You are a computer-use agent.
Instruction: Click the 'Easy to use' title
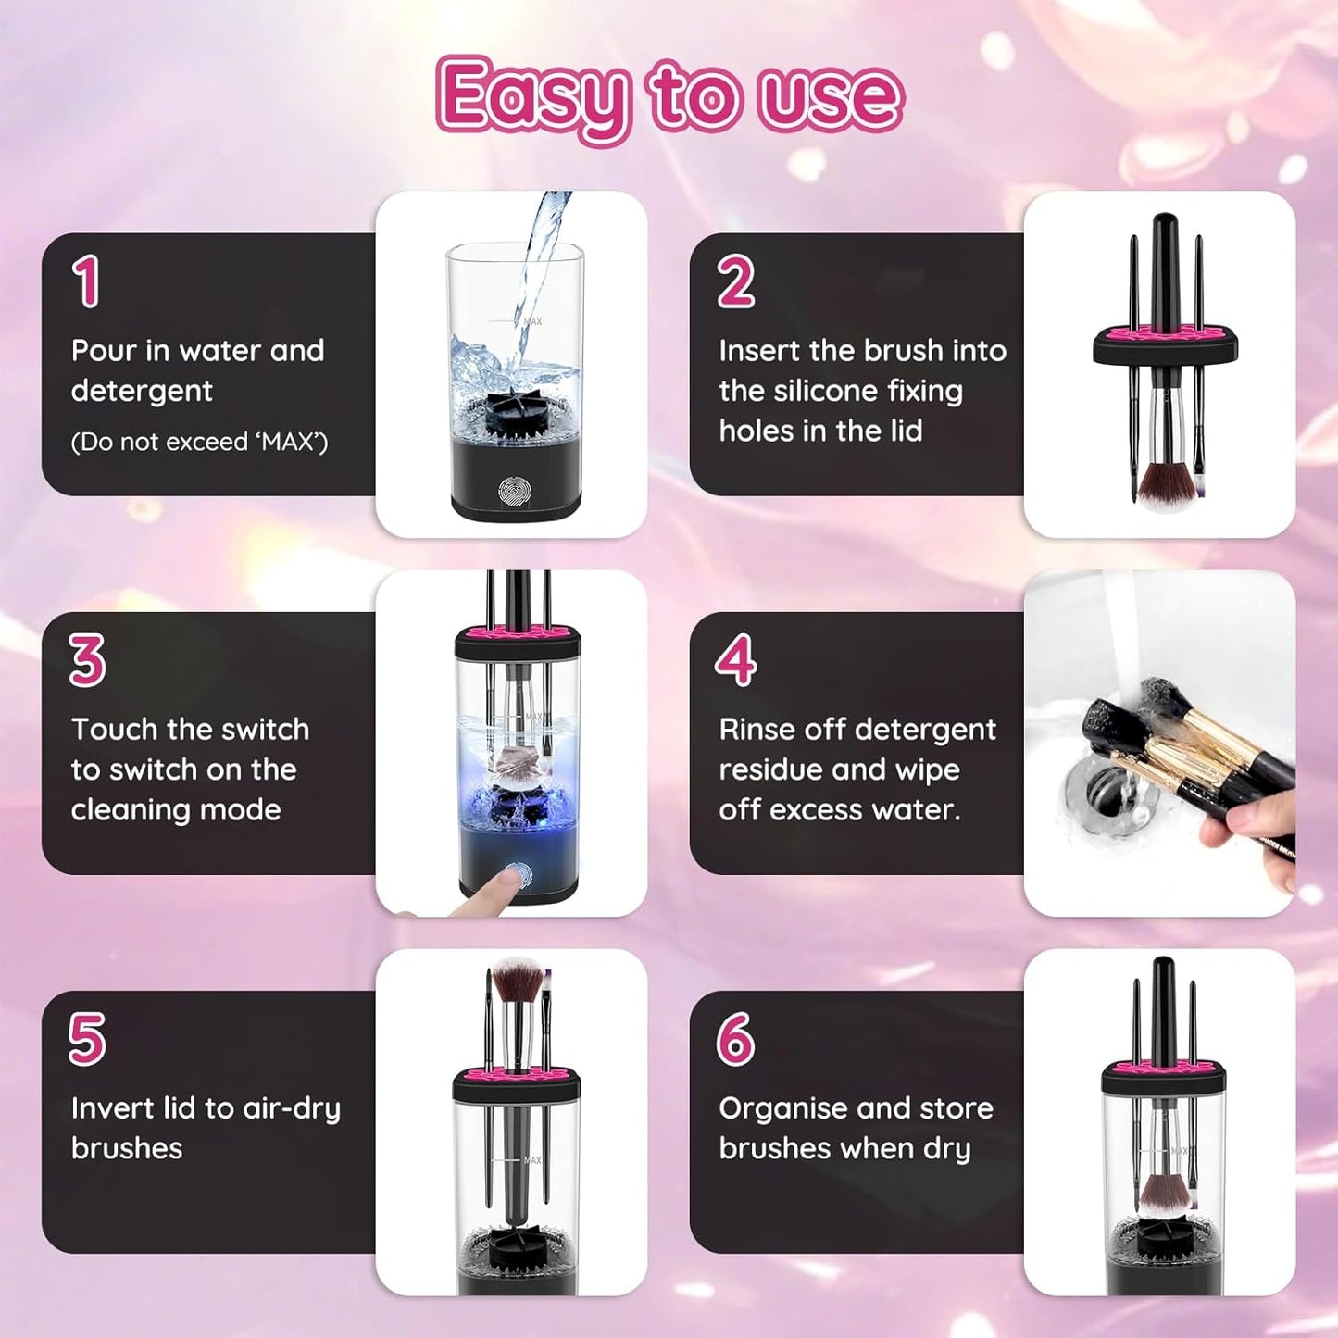point(669,98)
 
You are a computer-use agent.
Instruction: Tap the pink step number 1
point(86,281)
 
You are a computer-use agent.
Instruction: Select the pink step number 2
point(736,281)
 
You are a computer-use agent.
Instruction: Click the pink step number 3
point(87,660)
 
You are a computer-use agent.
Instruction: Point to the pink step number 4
point(736,660)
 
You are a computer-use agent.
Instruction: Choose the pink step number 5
point(87,1039)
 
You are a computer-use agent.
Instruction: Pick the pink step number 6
point(736,1039)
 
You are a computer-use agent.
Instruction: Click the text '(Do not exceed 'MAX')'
point(199,443)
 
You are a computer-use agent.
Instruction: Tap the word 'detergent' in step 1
point(142,391)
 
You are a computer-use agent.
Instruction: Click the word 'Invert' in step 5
point(112,1108)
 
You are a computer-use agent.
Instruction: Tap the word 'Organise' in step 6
point(783,1108)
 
